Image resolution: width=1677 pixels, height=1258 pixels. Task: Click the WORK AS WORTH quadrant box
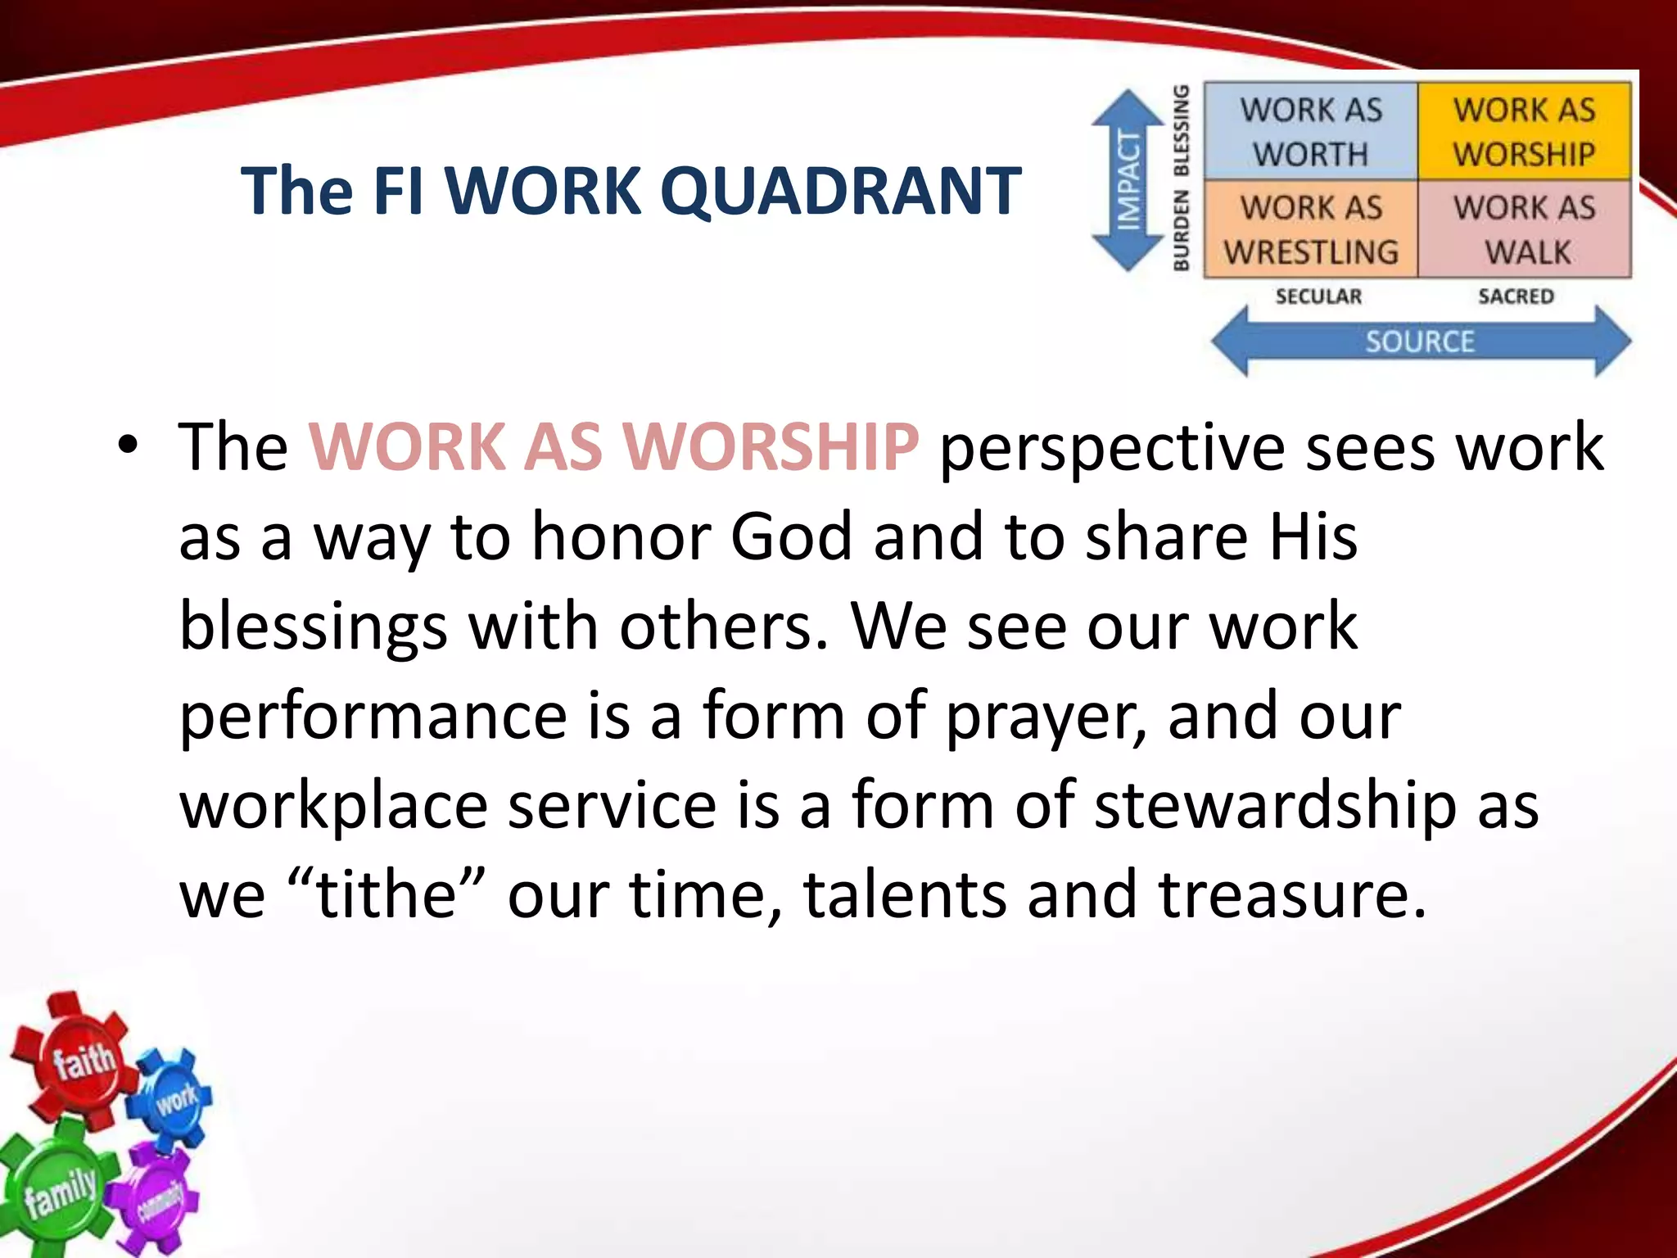[x=1310, y=131]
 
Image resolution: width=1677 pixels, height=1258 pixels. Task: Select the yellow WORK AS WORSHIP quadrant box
[x=1524, y=131]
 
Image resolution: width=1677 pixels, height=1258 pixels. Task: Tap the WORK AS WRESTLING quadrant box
[x=1310, y=229]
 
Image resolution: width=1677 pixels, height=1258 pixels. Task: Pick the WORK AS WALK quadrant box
[x=1525, y=229]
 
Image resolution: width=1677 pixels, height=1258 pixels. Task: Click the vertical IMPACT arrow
[x=1128, y=180]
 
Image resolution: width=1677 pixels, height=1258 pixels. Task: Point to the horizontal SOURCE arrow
[x=1420, y=341]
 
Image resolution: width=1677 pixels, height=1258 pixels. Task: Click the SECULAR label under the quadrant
[x=1318, y=296]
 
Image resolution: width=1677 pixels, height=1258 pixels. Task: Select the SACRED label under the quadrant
[x=1516, y=296]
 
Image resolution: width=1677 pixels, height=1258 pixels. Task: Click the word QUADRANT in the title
[x=840, y=191]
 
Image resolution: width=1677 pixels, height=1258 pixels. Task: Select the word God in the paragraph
[x=791, y=537]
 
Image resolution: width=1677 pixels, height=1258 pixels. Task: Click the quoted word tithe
[x=385, y=894]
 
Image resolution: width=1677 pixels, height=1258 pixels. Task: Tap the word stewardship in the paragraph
[x=1275, y=805]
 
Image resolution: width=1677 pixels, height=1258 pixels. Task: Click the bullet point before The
[x=128, y=447]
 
